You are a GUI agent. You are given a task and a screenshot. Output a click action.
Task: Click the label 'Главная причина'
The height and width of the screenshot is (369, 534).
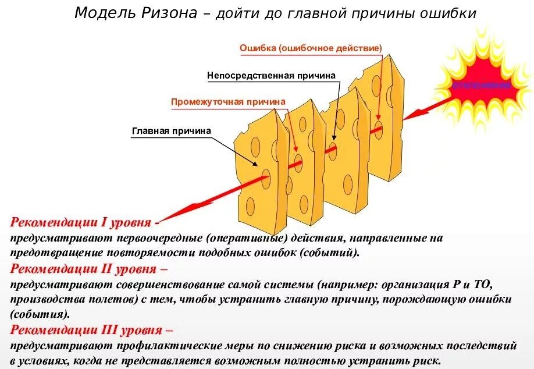(171, 131)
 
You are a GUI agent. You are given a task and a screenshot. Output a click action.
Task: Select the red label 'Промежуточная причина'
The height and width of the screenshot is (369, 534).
(228, 102)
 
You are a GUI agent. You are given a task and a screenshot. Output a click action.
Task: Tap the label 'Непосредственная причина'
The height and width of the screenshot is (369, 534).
(271, 76)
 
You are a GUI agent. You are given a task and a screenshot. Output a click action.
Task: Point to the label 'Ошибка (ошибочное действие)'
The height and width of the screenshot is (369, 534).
(311, 48)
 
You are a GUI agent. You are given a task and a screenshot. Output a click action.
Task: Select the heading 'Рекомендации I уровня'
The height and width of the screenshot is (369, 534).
(81, 222)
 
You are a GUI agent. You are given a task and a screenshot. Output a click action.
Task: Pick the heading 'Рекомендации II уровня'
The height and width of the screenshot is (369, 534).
(86, 269)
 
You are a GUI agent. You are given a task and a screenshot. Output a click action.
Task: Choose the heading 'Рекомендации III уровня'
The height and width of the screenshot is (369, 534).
(88, 331)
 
